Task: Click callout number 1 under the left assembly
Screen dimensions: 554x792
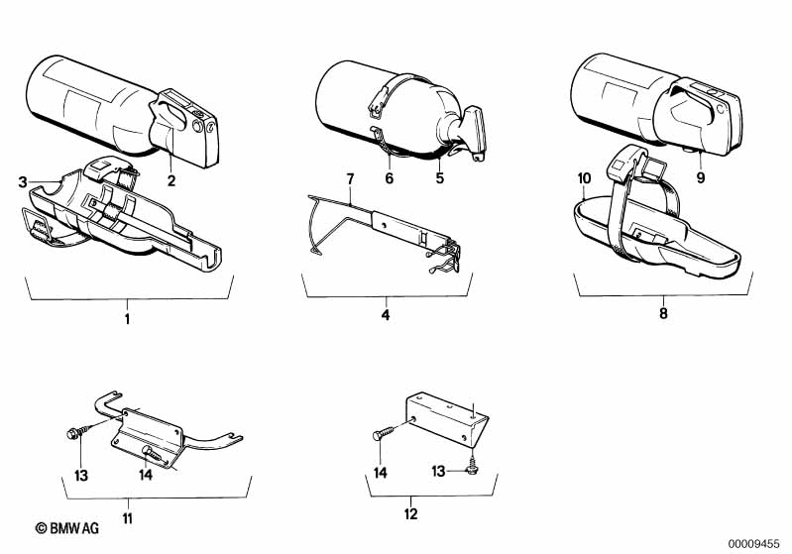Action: [127, 319]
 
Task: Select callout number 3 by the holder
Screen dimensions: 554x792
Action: [23, 181]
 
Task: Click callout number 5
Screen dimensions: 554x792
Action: [438, 179]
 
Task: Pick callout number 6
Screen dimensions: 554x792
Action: [390, 179]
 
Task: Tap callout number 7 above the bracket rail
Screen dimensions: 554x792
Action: [349, 178]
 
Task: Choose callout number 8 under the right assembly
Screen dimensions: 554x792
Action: [663, 313]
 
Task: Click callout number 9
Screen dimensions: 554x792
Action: [700, 179]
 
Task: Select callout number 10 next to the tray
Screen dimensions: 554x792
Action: [585, 178]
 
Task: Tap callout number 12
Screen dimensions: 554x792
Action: [411, 513]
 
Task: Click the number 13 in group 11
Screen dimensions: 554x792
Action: [82, 475]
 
